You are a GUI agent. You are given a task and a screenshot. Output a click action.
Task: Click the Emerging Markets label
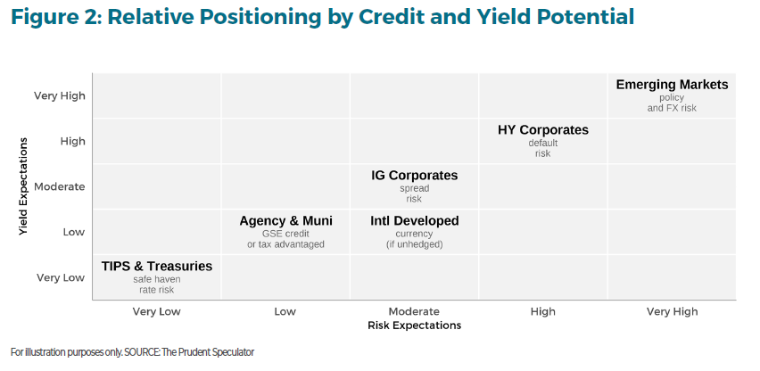(672, 85)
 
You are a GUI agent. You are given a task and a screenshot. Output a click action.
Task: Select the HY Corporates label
(543, 130)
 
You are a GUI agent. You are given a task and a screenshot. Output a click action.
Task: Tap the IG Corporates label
(415, 176)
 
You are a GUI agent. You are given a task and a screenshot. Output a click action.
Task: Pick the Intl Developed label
(415, 221)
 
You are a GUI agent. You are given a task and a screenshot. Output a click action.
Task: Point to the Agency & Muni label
(286, 221)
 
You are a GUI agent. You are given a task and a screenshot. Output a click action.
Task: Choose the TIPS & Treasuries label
(157, 267)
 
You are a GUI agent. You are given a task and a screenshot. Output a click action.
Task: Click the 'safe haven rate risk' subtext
(157, 284)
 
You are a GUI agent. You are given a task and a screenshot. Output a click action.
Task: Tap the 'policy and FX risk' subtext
(672, 103)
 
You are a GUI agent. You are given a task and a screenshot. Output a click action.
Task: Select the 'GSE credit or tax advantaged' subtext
(286, 239)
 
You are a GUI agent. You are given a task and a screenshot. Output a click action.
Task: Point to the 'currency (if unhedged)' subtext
(415, 239)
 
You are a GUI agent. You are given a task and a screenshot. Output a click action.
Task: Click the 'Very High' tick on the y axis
(60, 96)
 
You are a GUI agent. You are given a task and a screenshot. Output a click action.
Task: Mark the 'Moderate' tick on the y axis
(60, 186)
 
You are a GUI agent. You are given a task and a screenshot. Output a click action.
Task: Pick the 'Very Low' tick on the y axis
(61, 277)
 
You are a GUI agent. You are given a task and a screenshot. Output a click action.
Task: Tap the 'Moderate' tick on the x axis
(414, 311)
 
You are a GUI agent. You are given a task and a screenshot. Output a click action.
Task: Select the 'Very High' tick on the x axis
(672, 311)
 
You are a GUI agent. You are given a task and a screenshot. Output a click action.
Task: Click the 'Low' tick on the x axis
(285, 311)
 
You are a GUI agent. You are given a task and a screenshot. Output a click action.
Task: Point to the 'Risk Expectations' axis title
(415, 326)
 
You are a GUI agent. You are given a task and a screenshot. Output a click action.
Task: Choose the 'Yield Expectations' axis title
(23, 186)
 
